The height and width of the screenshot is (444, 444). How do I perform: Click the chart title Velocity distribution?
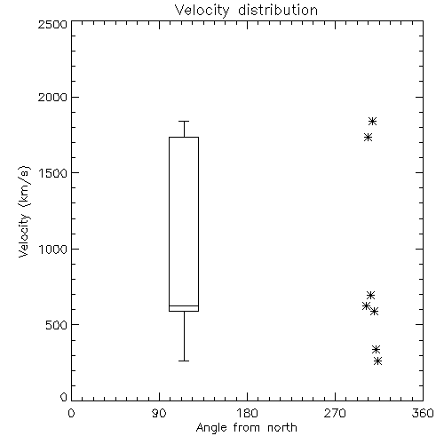coord(246,11)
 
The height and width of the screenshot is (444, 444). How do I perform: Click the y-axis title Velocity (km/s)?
coord(24,211)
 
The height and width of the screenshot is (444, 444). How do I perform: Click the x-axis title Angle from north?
coord(246,428)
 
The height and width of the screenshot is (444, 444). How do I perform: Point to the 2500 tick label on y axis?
coord(52,24)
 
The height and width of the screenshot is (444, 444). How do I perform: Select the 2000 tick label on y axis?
coord(52,97)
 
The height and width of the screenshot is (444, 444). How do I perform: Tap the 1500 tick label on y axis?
coord(53,173)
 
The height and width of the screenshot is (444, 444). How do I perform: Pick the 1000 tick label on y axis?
coord(53,249)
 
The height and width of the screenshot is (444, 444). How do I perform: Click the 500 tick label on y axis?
coord(57,325)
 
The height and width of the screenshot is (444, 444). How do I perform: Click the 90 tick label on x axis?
coord(159,413)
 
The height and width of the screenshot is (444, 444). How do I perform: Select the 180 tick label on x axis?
coord(247,413)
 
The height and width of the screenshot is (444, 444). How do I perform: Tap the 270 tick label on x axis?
coord(335,413)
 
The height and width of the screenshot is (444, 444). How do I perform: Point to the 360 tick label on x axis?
coord(423,413)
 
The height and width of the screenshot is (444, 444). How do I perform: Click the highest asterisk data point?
coord(372,121)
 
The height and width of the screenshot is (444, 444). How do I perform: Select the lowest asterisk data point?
coord(377,361)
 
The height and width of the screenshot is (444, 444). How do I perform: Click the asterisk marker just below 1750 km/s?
coord(368,137)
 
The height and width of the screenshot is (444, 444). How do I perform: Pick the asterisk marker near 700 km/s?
coord(370,295)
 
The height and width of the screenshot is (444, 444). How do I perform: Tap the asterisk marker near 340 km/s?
coord(376,350)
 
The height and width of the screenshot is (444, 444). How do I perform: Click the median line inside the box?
coord(184,305)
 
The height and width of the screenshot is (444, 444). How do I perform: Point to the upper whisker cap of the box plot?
coord(184,121)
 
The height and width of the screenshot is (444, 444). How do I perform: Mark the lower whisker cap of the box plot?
coord(184,361)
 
